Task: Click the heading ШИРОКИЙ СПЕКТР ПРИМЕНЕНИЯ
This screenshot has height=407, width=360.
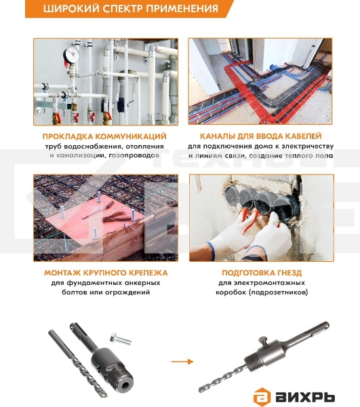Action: coord(130,9)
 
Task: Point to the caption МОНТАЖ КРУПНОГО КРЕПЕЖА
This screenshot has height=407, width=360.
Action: coord(105,272)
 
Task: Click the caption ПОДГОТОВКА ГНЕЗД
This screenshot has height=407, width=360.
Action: coord(261,272)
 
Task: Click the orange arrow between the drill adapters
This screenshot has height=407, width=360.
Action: coord(180,361)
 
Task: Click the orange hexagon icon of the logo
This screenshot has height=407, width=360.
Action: coord(260,394)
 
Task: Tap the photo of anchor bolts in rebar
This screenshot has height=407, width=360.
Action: coord(105,217)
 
